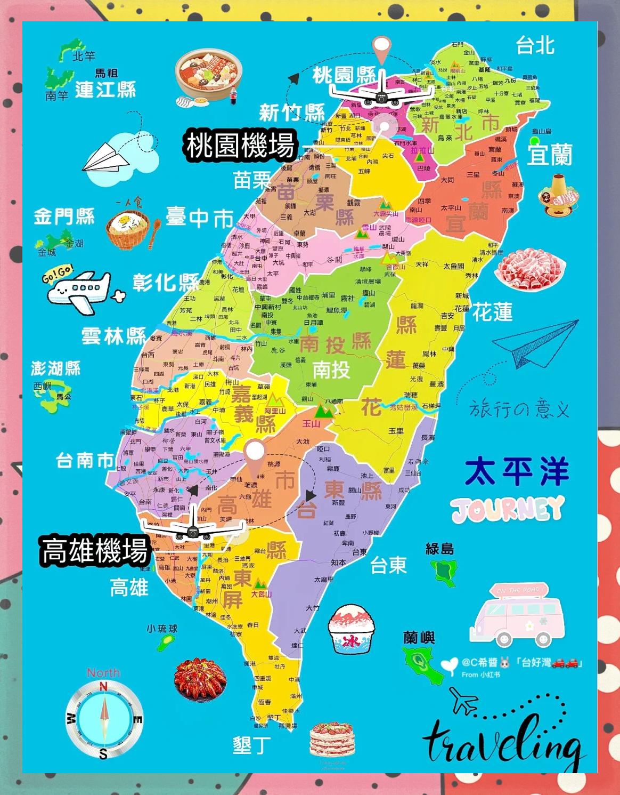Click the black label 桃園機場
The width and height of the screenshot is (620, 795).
pyautogui.click(x=239, y=145)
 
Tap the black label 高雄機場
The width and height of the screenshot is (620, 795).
pyautogui.click(x=94, y=550)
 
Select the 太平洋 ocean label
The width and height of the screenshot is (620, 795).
pyautogui.click(x=517, y=471)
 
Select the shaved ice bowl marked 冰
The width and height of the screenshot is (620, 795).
pyautogui.click(x=351, y=629)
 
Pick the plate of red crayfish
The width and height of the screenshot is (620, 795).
pyautogui.click(x=197, y=679)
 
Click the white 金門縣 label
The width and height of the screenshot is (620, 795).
pyautogui.click(x=64, y=216)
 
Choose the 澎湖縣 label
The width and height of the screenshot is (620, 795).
pyautogui.click(x=55, y=368)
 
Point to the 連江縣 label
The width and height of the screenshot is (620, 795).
pyautogui.click(x=105, y=89)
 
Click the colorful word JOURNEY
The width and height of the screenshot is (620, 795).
pyautogui.click(x=507, y=508)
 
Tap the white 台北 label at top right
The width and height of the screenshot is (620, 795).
pyautogui.click(x=535, y=46)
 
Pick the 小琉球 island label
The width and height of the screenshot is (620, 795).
pyautogui.click(x=162, y=629)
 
